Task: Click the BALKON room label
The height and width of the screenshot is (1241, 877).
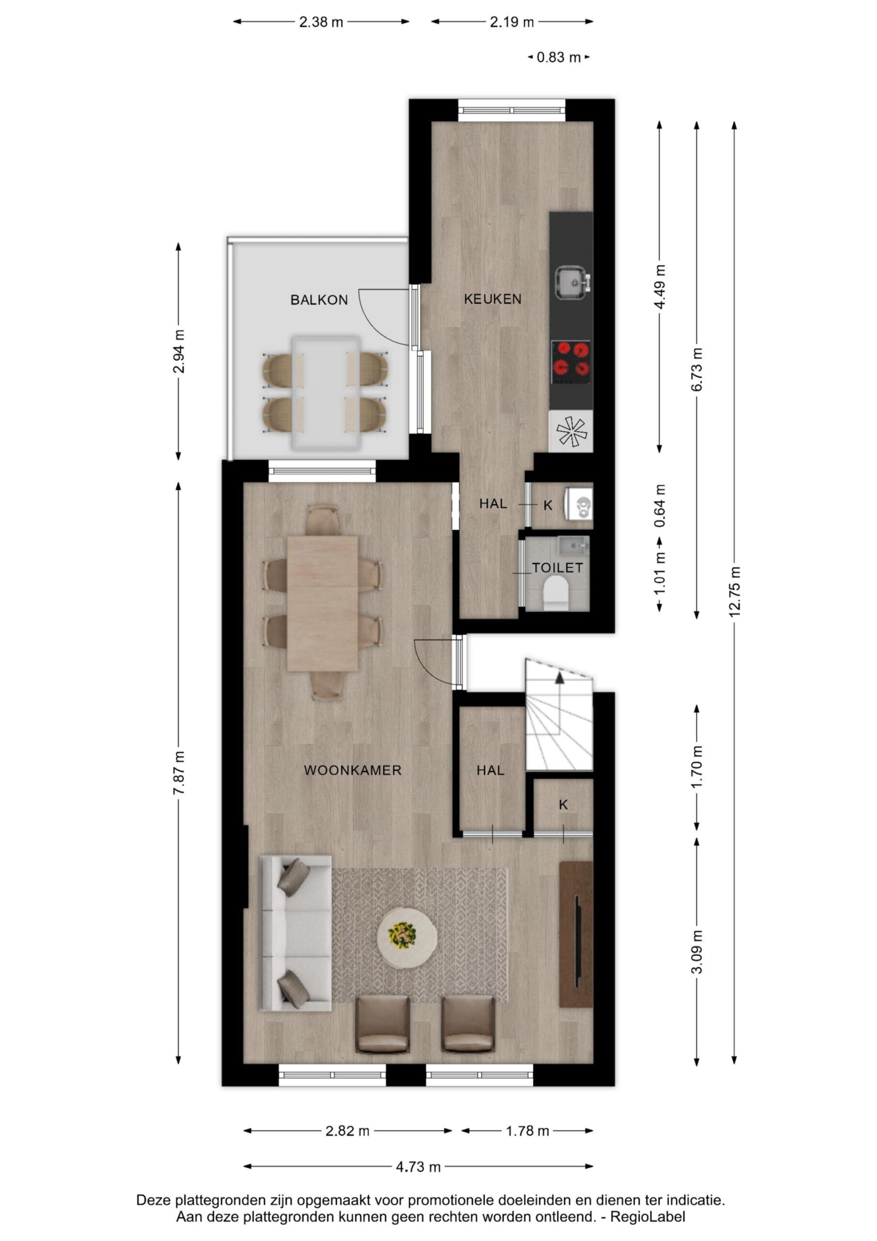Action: pyautogui.click(x=319, y=300)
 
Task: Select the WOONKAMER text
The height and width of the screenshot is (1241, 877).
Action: pyautogui.click(x=352, y=770)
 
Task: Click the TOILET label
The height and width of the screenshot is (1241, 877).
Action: pyautogui.click(x=557, y=568)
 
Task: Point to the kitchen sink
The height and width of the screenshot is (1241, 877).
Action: pyautogui.click(x=573, y=282)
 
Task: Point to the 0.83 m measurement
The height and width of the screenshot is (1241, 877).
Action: pyautogui.click(x=559, y=57)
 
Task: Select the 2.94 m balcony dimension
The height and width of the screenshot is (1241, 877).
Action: pyautogui.click(x=179, y=351)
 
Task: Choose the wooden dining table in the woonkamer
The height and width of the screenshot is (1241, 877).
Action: pyautogui.click(x=323, y=603)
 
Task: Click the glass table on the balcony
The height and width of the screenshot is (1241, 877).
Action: pyautogui.click(x=325, y=392)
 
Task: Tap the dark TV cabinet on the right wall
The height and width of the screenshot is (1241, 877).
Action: pyautogui.click(x=576, y=935)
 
